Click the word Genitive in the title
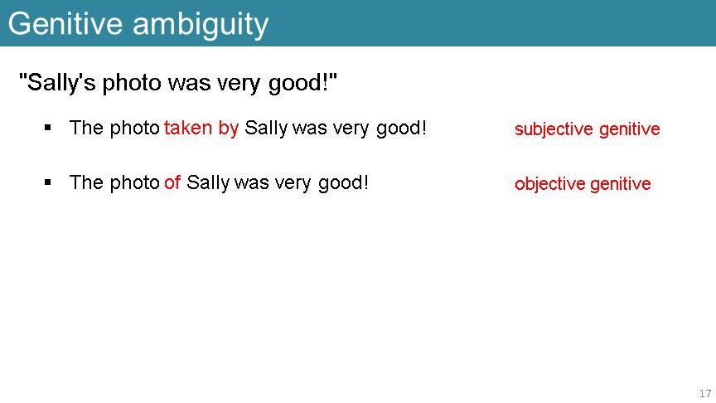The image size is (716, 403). tap(65, 24)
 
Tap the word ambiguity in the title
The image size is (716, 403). tap(201, 26)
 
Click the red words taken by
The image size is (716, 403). tap(201, 128)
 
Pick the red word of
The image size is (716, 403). tap(172, 182)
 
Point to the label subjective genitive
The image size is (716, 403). tap(588, 129)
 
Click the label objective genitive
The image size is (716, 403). tap(583, 184)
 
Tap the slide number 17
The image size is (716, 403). tap(705, 393)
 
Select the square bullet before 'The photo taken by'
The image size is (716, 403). tap(48, 128)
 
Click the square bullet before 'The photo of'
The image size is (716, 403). tap(48, 182)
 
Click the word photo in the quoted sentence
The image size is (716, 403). tap(132, 83)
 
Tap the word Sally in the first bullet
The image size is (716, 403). tap(266, 129)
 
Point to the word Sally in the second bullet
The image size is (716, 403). tap(208, 183)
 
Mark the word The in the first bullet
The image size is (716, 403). tap(86, 128)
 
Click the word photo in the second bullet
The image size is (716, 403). tap(134, 183)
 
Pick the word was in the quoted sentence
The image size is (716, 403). tap(190, 84)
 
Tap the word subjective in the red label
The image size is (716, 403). tap(554, 129)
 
